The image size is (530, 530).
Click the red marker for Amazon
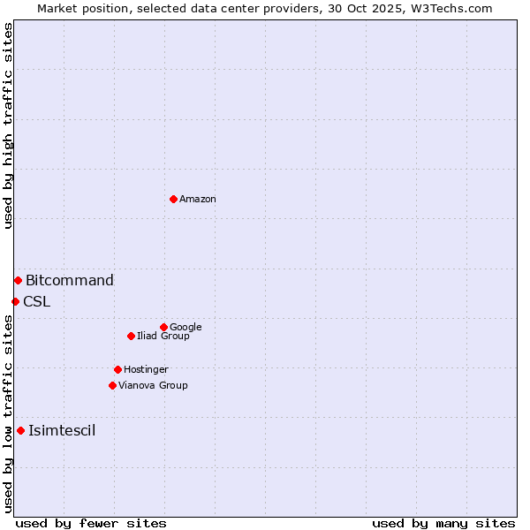[173, 199]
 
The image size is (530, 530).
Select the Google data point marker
[163, 327]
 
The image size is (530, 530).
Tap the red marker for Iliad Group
[131, 336]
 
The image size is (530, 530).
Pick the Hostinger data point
[117, 369]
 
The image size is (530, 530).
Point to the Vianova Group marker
[112, 385]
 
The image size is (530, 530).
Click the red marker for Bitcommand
[18, 280]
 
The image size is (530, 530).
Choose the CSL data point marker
[15, 301]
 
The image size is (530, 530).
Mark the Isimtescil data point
[20, 430]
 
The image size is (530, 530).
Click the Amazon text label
[198, 200]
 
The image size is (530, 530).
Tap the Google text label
[185, 328]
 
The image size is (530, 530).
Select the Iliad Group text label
[163, 337]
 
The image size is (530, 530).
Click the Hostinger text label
[146, 370]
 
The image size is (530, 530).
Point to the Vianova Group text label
[153, 386]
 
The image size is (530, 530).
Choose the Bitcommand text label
[70, 281]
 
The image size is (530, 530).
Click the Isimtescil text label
[62, 431]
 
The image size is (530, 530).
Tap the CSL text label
[37, 302]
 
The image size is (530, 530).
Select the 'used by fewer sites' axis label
[91, 523]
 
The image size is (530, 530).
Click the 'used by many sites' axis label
[443, 523]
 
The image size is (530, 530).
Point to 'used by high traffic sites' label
[8, 125]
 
